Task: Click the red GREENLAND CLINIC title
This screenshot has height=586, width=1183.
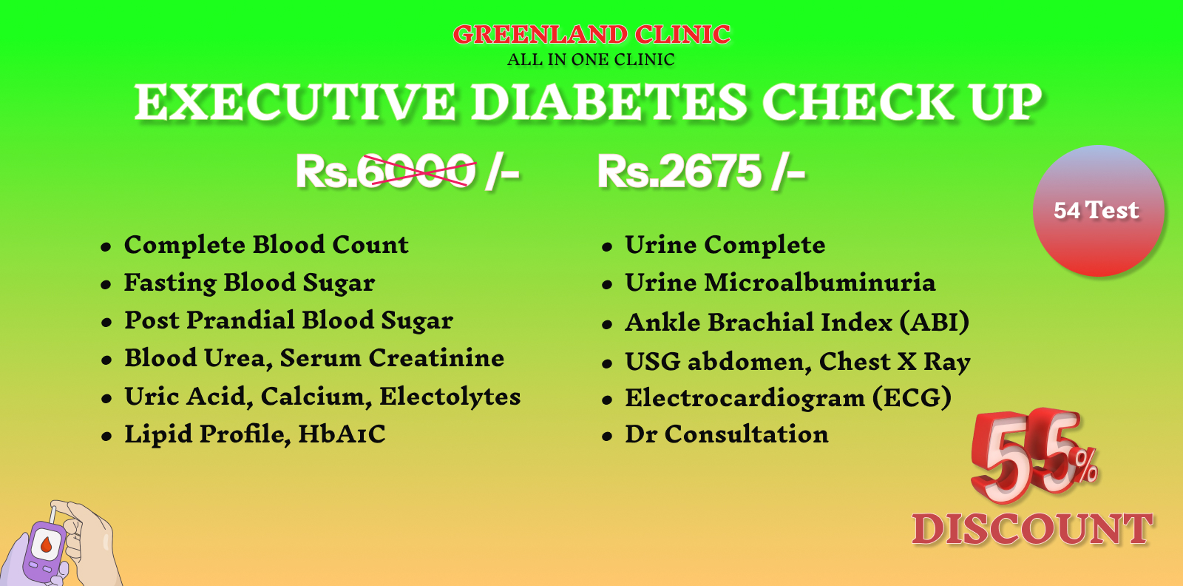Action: (x=591, y=35)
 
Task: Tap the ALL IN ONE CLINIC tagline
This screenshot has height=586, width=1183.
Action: (x=591, y=60)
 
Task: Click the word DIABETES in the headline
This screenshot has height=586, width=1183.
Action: (x=609, y=101)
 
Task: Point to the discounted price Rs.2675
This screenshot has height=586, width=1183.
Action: (x=679, y=171)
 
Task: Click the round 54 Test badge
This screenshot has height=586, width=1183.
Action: (x=1099, y=210)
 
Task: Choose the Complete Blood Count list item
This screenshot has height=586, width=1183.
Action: (x=266, y=245)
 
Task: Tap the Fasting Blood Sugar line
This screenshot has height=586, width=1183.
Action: (x=249, y=283)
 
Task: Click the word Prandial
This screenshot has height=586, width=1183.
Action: (x=240, y=320)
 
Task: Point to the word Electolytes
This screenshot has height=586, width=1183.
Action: (x=450, y=397)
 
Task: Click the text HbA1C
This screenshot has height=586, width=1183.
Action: (x=342, y=434)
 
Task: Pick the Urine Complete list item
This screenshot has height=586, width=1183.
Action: (x=725, y=245)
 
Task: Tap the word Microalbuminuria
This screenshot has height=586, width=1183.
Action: (x=820, y=282)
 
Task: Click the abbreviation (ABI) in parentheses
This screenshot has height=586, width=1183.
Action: (x=935, y=322)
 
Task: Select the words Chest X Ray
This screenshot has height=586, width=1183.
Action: (x=895, y=362)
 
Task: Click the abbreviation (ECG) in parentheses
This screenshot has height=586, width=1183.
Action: (x=912, y=397)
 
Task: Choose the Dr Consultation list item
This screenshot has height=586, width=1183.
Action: (x=727, y=434)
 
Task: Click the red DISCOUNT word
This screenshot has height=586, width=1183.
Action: (x=1032, y=528)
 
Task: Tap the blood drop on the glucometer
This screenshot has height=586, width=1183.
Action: (x=46, y=545)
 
